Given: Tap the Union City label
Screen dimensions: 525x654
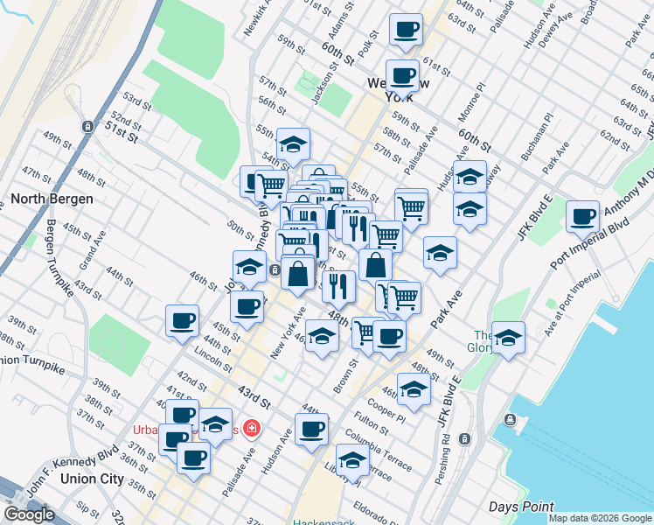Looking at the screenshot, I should pyautogui.click(x=92, y=479).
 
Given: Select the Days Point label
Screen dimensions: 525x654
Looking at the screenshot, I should pyautogui.click(x=522, y=507).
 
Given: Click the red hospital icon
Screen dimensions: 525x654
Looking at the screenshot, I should pyautogui.click(x=252, y=428).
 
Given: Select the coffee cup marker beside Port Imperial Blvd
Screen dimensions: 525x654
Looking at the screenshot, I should pyautogui.click(x=581, y=216).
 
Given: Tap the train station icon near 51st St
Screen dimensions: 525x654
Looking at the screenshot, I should pyautogui.click(x=88, y=126).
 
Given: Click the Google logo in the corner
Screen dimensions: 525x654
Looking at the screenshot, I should pyautogui.click(x=29, y=514).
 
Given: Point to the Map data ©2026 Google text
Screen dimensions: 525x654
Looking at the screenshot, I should pyautogui.click(x=599, y=518).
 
